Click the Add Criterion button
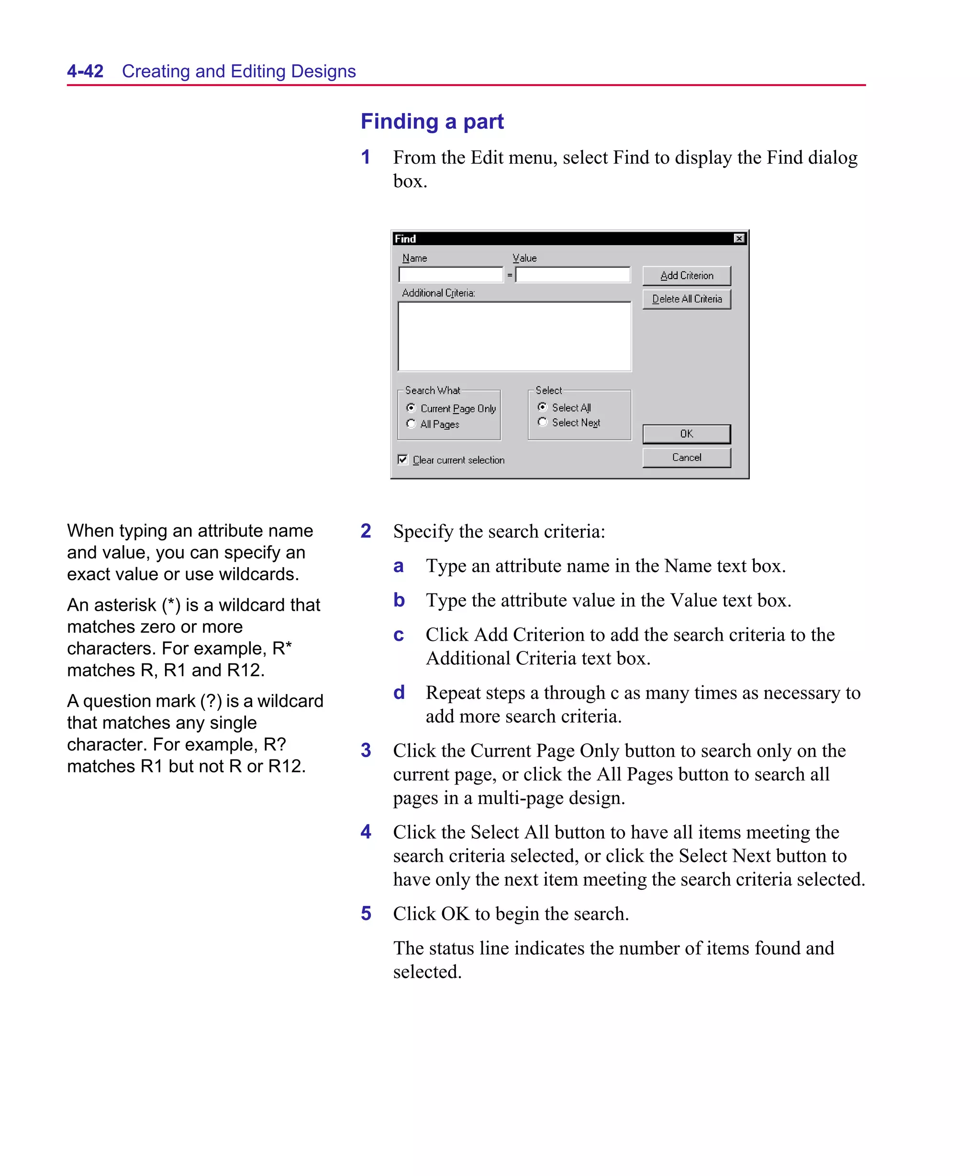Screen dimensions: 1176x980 [x=686, y=276]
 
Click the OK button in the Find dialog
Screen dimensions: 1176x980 [x=686, y=434]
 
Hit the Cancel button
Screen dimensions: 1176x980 [x=686, y=458]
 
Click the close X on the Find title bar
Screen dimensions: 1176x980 [x=739, y=238]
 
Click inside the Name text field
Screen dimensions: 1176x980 [x=450, y=275]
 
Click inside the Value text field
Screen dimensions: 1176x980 [x=572, y=275]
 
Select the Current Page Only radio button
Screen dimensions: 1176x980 [x=411, y=408]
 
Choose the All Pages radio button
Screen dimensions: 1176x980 [x=411, y=424]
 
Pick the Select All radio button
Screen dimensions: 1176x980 [x=542, y=407]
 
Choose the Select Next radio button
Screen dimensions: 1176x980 [x=542, y=422]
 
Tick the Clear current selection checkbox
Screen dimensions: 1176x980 [x=402, y=460]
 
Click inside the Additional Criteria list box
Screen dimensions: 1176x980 [x=514, y=336]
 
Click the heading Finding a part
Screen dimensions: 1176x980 [x=432, y=122]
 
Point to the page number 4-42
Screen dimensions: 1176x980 [x=85, y=71]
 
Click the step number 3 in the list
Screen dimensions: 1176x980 [x=366, y=750]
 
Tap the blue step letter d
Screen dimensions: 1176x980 [x=398, y=693]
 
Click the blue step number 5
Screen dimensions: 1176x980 [x=366, y=913]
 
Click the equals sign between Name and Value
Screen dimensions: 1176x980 [x=510, y=275]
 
